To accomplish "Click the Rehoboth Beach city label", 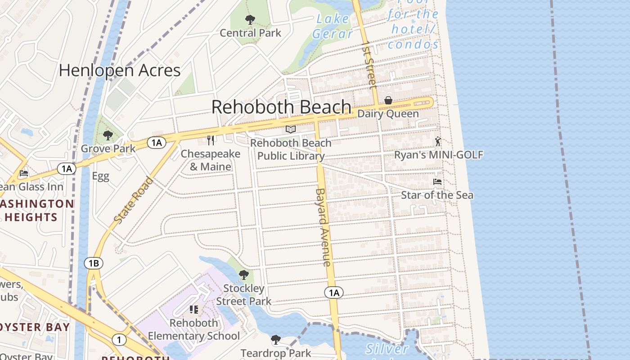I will coord(281,107).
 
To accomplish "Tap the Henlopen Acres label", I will coord(120,70).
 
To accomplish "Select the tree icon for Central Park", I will coord(250,20).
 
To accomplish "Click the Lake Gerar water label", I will coord(333,26).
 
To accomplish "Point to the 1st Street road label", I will coord(369,65).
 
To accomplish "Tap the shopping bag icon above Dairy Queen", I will coord(388,100).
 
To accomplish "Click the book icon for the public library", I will coord(291,130).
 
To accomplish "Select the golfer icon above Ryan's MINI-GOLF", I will coord(438,141).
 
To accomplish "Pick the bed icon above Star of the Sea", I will coord(437,182).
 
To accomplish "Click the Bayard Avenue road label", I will coord(323,227).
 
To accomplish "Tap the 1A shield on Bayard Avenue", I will coord(333,293).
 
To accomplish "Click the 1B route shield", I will coord(94,263).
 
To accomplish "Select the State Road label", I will coord(134,200).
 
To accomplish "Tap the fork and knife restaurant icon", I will coord(210,140).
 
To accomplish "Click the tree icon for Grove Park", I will coord(108,135).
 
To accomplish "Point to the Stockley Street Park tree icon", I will coord(243,274).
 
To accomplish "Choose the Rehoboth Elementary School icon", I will coord(194,310).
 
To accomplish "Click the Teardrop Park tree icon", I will coord(275,339).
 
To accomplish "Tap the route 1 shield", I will coord(118,339).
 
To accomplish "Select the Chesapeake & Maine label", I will coord(211,160).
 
